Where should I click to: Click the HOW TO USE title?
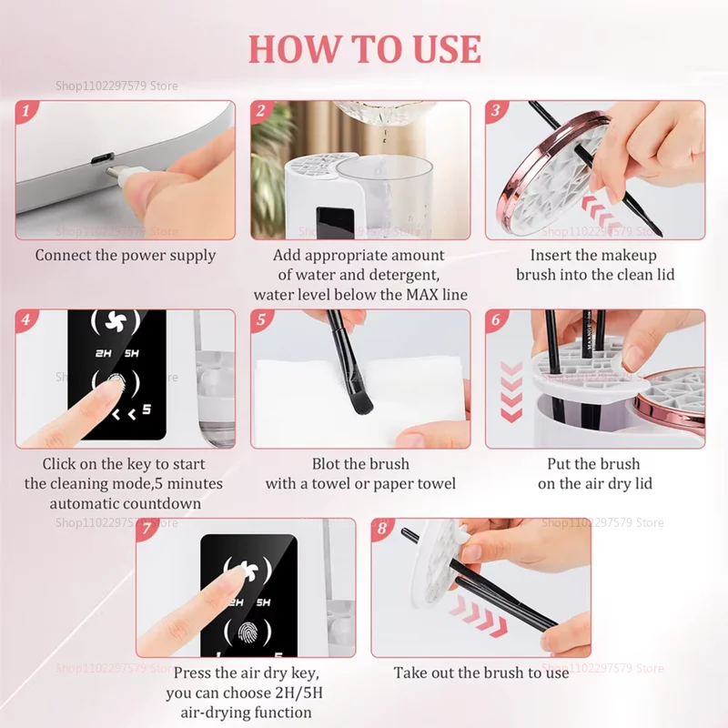pyautogui.click(x=364, y=47)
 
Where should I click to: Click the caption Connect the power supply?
pyautogui.click(x=126, y=256)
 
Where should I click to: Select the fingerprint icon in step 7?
pyautogui.click(x=248, y=633)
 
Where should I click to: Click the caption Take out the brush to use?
pyautogui.click(x=480, y=673)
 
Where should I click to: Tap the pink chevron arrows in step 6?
pyautogui.click(x=512, y=391)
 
